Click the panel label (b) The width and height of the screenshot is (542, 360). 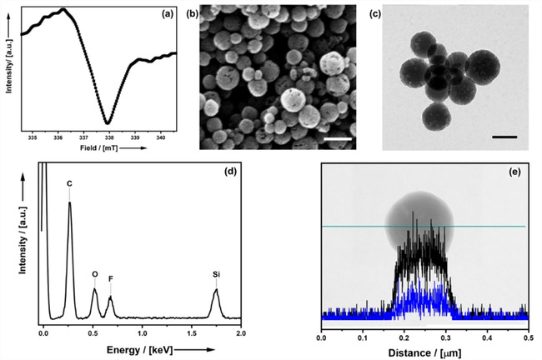(x=192, y=13)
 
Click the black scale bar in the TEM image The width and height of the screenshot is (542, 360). (x=505, y=135)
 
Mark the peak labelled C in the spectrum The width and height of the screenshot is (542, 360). (x=69, y=184)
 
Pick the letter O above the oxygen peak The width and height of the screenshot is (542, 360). (x=94, y=272)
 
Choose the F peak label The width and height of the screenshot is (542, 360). (x=110, y=279)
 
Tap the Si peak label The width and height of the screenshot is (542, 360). (x=216, y=272)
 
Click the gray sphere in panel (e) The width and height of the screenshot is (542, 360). (x=419, y=221)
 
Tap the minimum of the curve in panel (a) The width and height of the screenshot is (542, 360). (x=108, y=122)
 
